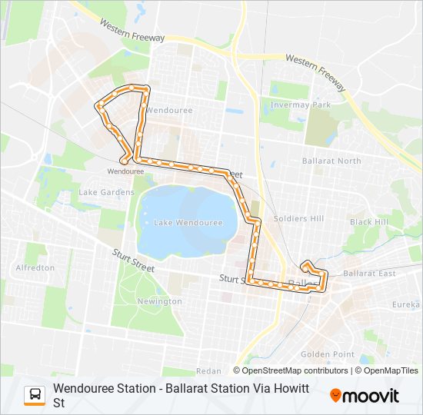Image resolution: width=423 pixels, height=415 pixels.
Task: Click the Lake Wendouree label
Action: coord(188,223)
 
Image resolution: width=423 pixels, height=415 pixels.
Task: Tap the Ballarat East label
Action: coord(370,274)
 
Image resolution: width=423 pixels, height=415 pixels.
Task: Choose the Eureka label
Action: coord(406,305)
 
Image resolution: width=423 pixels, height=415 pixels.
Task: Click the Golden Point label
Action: coord(327,354)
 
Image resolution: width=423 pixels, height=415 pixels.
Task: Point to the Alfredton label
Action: coord(35,267)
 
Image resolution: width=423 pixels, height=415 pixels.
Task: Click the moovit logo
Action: coord(365,396)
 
